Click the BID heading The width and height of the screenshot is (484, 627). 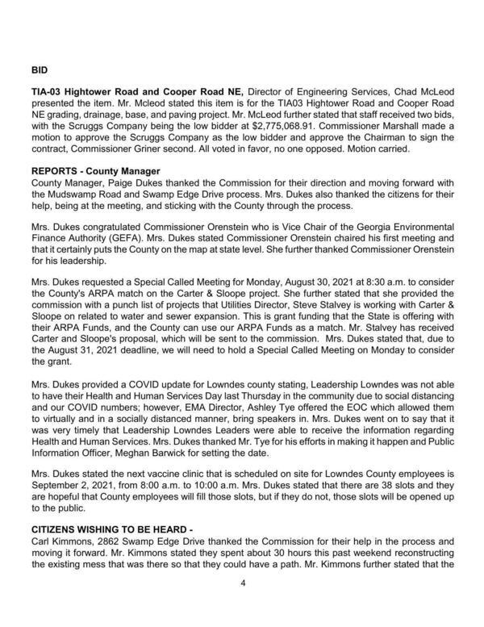(x=39, y=70)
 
